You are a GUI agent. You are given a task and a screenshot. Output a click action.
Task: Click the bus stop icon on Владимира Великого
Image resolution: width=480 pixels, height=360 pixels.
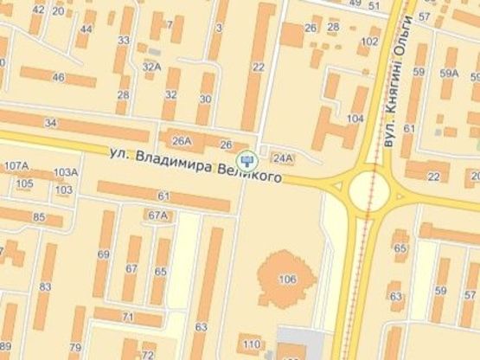coord(248,159)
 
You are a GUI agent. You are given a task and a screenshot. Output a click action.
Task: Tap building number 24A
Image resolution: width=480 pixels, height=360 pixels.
coord(282,157)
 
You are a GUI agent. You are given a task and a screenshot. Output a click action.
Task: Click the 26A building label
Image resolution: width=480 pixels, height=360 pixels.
coord(182,142)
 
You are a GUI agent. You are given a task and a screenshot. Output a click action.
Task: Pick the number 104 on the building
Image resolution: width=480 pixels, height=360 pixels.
coord(355,118)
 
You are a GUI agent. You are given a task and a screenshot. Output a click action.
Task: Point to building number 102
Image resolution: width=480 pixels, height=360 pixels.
coord(369,41)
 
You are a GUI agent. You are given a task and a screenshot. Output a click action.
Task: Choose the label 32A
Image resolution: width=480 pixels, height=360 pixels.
coord(152,66)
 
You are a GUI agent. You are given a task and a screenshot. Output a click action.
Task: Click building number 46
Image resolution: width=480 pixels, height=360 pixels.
coord(59,78)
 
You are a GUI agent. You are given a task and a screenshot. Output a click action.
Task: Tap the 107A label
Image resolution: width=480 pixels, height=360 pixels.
coord(16,165)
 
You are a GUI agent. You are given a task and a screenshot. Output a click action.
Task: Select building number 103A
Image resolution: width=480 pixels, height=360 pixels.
coord(66,171)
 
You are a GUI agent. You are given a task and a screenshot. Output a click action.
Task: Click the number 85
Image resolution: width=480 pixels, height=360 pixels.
coord(39,216)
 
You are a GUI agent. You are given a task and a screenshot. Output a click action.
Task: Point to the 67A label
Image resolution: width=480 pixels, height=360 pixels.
coord(157,215)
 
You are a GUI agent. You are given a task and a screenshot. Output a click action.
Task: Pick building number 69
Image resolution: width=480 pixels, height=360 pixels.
coord(104,254)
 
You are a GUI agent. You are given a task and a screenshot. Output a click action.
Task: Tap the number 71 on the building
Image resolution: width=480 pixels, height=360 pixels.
coord(127,318)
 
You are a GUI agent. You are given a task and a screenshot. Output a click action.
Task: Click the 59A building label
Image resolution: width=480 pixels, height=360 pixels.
coord(449,74)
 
